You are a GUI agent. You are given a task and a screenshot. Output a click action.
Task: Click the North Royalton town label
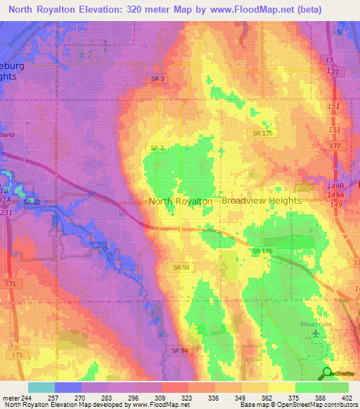[181, 201]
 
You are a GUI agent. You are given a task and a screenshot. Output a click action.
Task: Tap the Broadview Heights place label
[262, 200]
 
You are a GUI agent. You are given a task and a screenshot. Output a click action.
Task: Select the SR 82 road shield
[31, 202]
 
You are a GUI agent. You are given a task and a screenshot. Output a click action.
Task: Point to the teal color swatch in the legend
[41, 387]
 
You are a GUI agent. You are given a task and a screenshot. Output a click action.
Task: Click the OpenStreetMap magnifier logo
[327, 373]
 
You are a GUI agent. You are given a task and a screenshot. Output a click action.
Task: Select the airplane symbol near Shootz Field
[314, 332]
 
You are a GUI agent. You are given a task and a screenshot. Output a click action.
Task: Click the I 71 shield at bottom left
[8, 282]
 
